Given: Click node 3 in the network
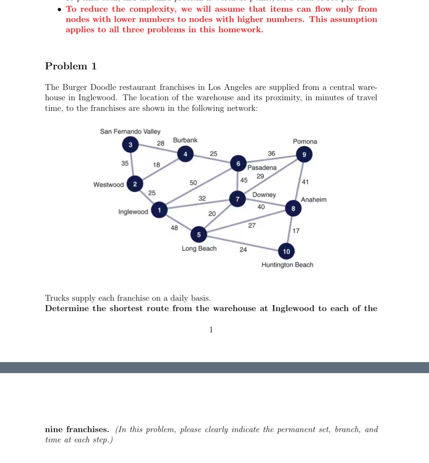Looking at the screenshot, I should (x=130, y=145).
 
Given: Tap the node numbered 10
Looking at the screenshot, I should (x=286, y=251).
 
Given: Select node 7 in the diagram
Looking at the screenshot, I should (x=238, y=199).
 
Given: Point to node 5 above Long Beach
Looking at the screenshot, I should (x=199, y=234).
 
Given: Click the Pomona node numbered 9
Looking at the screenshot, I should (x=304, y=154).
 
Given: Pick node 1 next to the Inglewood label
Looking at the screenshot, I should (x=159, y=210).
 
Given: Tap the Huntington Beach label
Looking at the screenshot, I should (x=287, y=265).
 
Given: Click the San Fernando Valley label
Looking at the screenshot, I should (x=130, y=131).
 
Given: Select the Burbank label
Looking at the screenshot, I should (x=185, y=140).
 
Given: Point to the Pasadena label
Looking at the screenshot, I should (x=262, y=168).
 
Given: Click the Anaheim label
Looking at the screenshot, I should (x=313, y=200).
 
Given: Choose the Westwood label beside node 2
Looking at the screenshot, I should (x=109, y=185).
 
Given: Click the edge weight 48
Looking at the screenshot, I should (x=174, y=228).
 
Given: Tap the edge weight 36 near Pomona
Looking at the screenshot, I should (x=271, y=153).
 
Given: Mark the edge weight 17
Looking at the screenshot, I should (x=296, y=231).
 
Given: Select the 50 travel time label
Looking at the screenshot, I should (x=193, y=183).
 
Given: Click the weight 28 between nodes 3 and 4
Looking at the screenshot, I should (x=161, y=143).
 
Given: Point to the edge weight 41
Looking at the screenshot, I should (x=305, y=182).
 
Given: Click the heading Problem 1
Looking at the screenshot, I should (x=71, y=66).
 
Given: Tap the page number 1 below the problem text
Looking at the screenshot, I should (x=211, y=329).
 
